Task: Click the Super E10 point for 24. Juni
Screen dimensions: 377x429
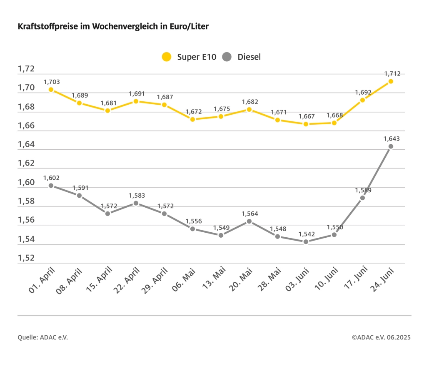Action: click(391, 81)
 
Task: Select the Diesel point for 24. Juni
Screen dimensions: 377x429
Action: click(391, 146)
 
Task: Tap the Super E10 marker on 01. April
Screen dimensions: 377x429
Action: click(51, 90)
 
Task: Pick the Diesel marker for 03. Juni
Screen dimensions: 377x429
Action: click(306, 241)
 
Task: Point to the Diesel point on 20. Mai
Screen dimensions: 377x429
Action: click(249, 221)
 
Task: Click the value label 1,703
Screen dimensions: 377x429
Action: click(51, 82)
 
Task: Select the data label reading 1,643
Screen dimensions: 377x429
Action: click(392, 138)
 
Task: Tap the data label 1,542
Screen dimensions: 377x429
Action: click(306, 234)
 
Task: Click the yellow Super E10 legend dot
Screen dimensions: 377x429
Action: click(167, 57)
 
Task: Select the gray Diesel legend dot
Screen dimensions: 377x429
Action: click(227, 57)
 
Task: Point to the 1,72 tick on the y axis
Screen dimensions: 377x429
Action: click(26, 69)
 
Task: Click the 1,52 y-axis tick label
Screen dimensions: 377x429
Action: click(26, 258)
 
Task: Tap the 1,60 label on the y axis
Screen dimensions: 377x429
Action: click(26, 183)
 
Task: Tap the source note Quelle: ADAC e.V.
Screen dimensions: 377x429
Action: click(42, 337)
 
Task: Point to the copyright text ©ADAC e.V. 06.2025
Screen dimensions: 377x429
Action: click(381, 337)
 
